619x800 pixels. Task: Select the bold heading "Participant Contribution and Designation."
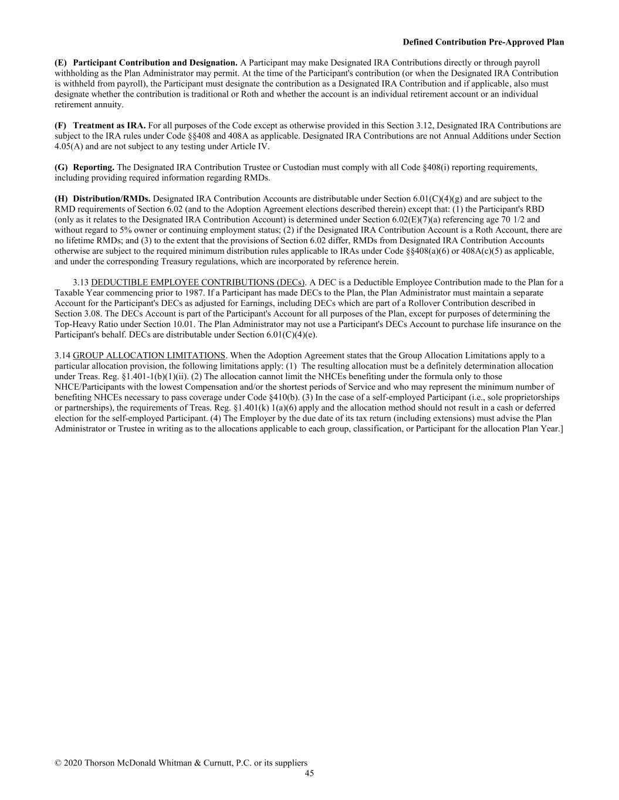155,63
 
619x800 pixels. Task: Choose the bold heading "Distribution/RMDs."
111,199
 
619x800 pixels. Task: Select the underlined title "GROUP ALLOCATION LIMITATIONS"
149,356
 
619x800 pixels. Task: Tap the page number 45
309,774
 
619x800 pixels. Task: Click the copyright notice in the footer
181,763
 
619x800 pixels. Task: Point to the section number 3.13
80,282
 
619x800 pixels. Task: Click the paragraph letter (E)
61,63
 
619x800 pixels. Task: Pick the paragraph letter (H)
61,199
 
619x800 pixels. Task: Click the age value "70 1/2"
513,220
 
